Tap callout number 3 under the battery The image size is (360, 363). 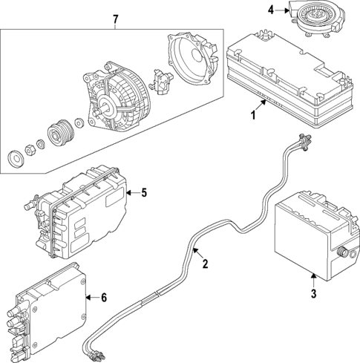[x=313, y=295]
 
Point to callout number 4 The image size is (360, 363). [x=271, y=10]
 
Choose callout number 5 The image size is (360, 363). [x=144, y=193]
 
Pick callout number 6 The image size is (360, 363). [x=103, y=298]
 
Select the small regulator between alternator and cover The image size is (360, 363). [x=159, y=76]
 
